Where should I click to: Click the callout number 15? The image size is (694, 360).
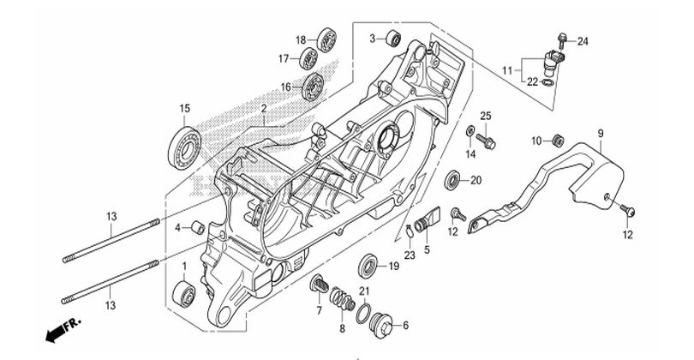(x=184, y=108)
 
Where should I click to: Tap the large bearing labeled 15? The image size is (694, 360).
(x=184, y=147)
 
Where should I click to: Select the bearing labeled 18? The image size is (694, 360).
(x=327, y=39)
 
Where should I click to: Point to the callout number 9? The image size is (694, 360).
(x=601, y=133)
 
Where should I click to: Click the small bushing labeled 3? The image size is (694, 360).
(x=393, y=38)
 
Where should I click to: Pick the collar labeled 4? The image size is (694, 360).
(x=197, y=228)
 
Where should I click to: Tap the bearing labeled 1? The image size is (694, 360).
(x=184, y=293)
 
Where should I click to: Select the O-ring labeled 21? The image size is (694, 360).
(x=364, y=314)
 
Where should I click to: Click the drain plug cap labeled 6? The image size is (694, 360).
(x=381, y=325)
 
